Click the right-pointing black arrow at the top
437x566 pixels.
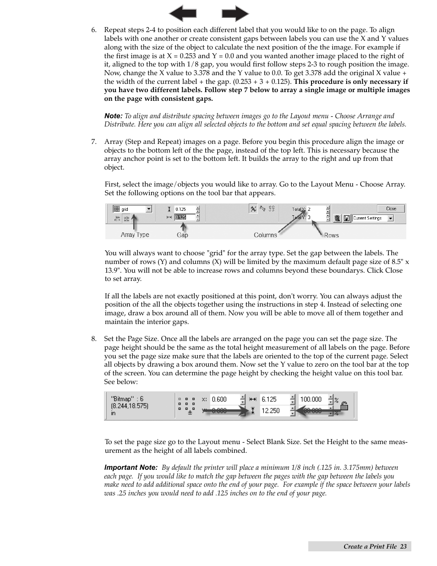click(235, 13)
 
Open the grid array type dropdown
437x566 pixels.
click(149, 209)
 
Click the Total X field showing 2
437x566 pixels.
click(316, 209)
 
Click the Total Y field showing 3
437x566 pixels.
click(316, 217)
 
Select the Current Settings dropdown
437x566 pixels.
click(373, 218)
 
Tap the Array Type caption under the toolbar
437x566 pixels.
click(135, 235)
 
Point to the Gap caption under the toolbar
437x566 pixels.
click(182, 235)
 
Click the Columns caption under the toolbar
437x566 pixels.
click(265, 235)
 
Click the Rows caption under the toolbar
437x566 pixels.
click(331, 235)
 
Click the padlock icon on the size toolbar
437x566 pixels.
click(344, 406)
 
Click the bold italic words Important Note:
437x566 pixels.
click(131, 467)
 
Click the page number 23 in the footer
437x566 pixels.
click(403, 546)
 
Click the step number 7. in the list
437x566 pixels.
click(93, 142)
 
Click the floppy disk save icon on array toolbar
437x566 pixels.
click(347, 219)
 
